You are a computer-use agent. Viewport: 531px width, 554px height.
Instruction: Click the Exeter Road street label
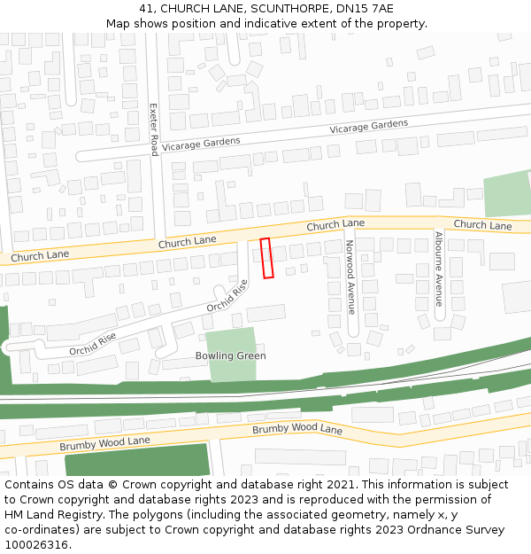point(153,129)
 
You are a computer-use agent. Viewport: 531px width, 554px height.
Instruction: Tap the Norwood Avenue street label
point(350,277)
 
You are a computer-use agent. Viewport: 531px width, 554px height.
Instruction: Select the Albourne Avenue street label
point(438,269)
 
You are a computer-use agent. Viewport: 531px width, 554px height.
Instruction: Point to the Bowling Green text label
point(230,355)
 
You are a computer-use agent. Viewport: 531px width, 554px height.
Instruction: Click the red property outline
point(266,258)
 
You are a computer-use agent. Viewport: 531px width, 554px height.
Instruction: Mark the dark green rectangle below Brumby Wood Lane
point(137,460)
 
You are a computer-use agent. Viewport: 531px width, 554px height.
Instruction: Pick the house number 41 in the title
point(147,9)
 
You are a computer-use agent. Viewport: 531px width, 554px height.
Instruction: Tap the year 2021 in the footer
point(338,485)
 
